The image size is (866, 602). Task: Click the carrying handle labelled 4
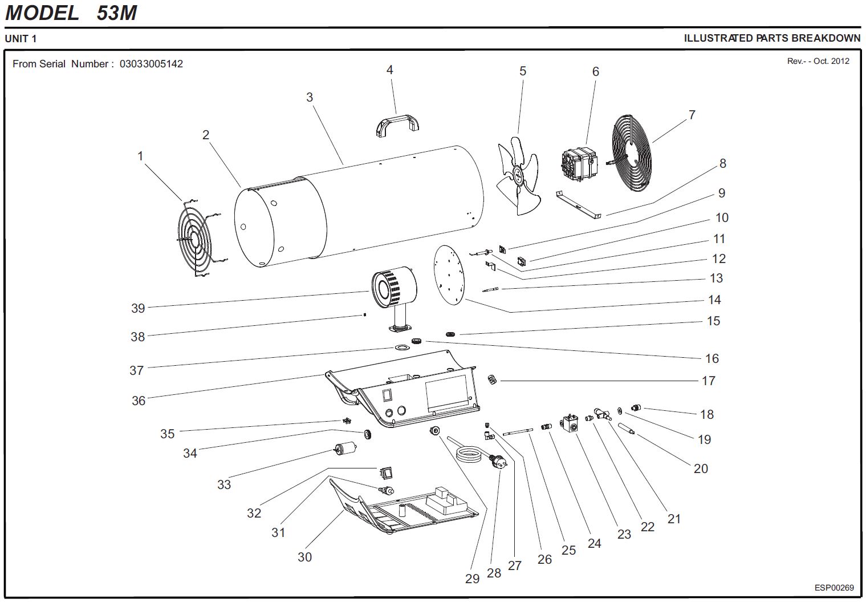pyautogui.click(x=397, y=124)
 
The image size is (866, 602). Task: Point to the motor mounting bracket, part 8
pyautogui.click(x=579, y=205)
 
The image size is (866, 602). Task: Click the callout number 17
pyautogui.click(x=708, y=381)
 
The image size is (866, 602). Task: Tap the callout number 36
pyautogui.click(x=139, y=401)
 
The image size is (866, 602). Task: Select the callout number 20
pyautogui.click(x=701, y=468)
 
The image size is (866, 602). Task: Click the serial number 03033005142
pyautogui.click(x=151, y=64)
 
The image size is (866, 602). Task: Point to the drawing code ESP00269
pyautogui.click(x=834, y=588)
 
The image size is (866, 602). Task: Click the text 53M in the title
pyautogui.click(x=117, y=13)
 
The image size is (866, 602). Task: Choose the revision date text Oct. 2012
pyautogui.click(x=831, y=61)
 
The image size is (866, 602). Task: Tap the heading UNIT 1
pyautogui.click(x=21, y=39)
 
